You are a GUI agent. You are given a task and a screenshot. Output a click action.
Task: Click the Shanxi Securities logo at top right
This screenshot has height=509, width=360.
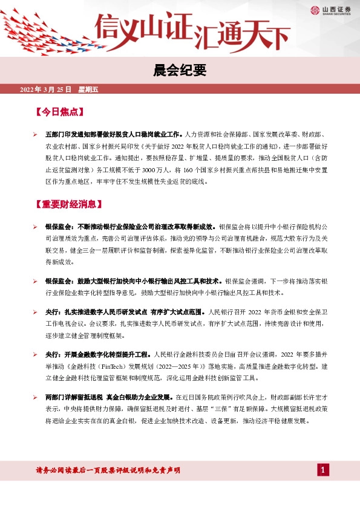[x=332, y=10]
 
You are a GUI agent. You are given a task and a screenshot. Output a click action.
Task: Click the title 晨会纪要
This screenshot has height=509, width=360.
[x=180, y=71]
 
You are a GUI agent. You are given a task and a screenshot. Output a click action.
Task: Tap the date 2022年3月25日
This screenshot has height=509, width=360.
[x=46, y=90]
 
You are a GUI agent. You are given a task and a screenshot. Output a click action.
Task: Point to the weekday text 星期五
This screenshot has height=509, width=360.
[x=88, y=90]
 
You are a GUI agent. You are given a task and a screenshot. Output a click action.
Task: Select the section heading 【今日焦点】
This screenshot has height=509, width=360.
[x=59, y=112]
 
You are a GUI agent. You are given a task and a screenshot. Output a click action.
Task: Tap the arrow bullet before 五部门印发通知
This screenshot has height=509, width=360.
[x=36, y=132]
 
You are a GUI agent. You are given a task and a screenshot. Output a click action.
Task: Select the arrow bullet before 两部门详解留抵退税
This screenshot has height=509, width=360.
[x=36, y=398]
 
